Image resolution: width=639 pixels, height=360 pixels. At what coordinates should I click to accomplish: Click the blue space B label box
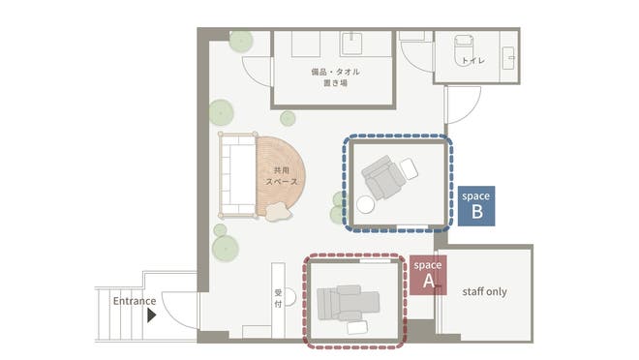tap(476, 205)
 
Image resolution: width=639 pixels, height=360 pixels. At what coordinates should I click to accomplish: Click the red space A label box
tap(427, 274)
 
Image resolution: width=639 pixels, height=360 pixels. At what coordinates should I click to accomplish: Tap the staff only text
tap(484, 291)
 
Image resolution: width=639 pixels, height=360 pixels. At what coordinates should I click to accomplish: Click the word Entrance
tap(134, 301)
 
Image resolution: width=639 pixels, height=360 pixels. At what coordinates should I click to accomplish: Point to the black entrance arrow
tap(151, 314)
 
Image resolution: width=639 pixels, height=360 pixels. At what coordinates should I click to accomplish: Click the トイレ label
tap(474, 61)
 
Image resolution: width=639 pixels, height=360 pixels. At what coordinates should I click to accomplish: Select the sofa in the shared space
tap(237, 175)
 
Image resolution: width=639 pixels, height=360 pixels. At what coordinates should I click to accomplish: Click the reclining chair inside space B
tap(383, 176)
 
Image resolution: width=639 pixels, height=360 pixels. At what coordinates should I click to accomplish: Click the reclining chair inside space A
tap(346, 303)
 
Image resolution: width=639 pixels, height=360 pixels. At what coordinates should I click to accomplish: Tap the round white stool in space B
tap(366, 205)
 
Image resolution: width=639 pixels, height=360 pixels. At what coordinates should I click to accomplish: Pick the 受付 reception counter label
tap(277, 298)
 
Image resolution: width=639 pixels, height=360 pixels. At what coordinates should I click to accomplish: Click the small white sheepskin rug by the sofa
tap(278, 212)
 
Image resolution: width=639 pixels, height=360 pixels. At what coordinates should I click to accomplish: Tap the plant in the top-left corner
tap(241, 41)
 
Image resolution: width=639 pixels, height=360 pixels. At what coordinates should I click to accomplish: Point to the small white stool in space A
tap(356, 327)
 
